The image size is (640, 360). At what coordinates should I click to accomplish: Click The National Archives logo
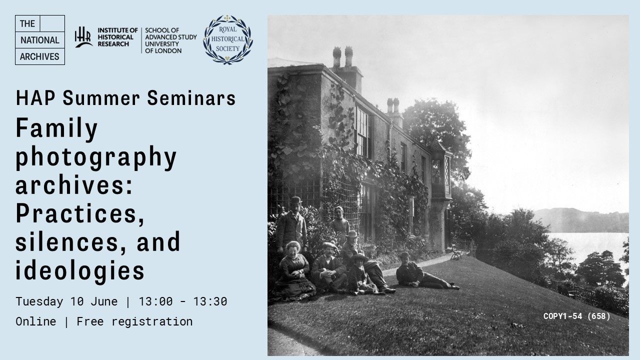tap(40, 40)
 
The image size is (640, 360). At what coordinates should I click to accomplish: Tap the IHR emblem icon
tap(83, 37)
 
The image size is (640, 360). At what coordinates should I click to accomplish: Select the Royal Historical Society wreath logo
tap(227, 39)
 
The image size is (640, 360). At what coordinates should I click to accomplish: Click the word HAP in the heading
tap(35, 98)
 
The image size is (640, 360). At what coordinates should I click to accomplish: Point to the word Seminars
tap(191, 98)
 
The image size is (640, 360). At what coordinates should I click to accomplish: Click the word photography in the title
tap(96, 157)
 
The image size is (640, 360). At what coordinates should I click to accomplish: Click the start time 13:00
tap(155, 301)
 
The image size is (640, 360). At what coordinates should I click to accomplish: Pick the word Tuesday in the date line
tap(39, 301)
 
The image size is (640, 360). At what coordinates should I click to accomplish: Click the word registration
tap(152, 321)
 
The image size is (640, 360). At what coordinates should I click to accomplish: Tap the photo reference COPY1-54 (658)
tap(576, 316)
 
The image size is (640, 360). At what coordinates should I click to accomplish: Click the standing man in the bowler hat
tap(291, 225)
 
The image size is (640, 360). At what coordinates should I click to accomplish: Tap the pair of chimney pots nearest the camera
tap(343, 56)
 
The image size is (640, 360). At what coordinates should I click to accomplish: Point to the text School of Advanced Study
tap(171, 33)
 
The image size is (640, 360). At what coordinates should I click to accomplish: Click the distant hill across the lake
tap(583, 220)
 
